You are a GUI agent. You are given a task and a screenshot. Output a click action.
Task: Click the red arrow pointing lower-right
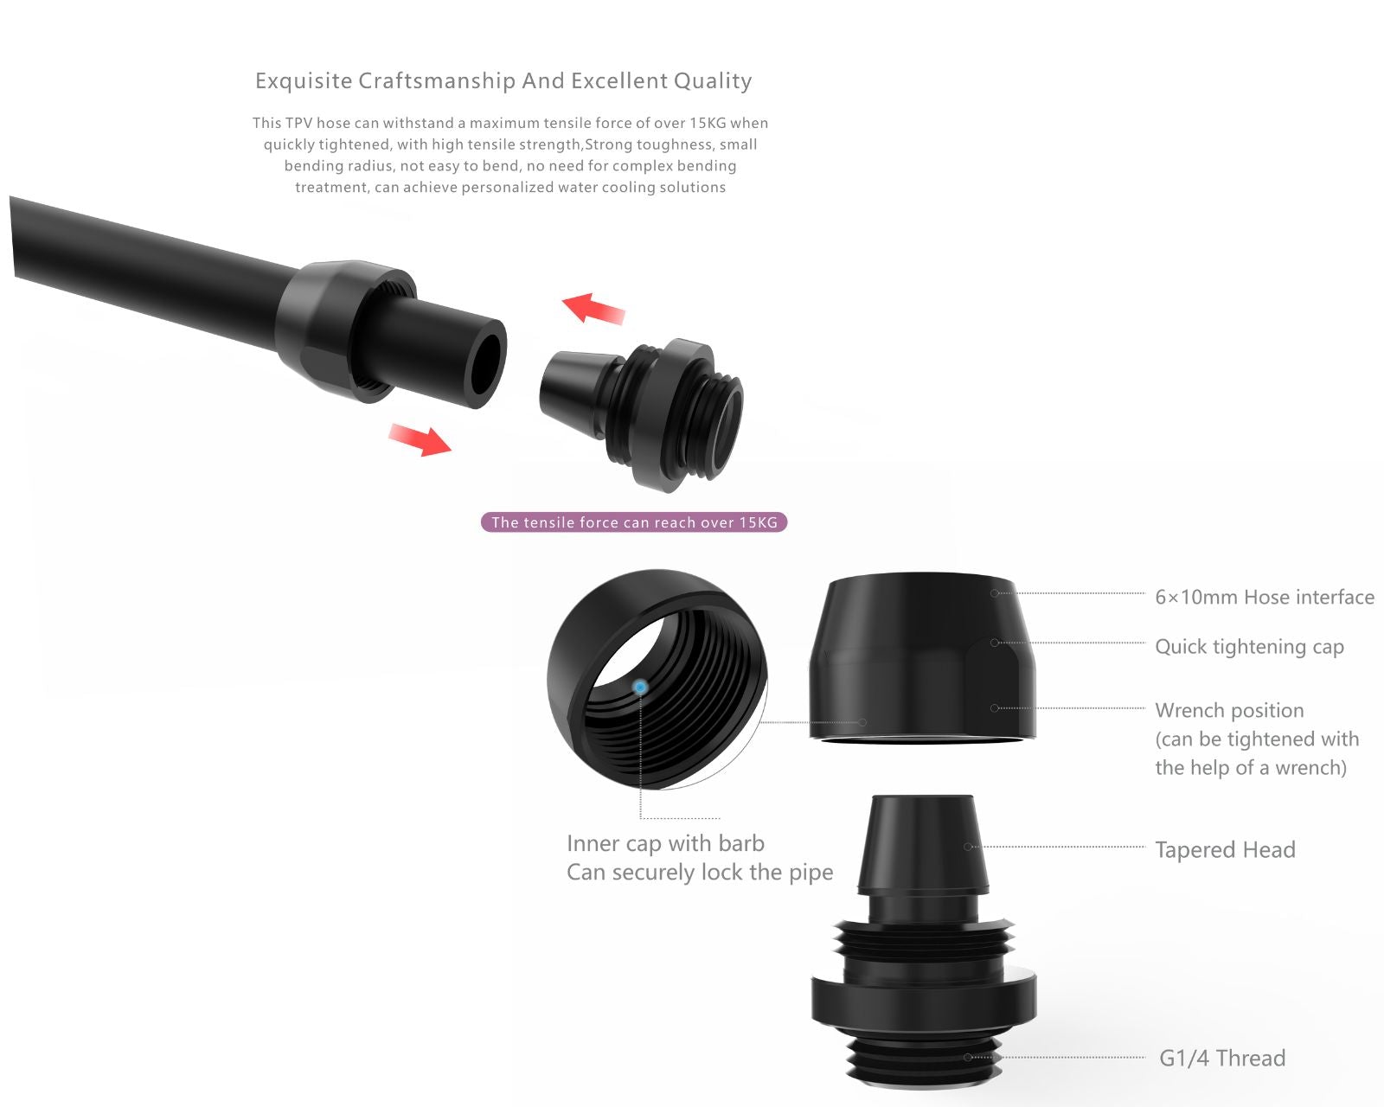[420, 440]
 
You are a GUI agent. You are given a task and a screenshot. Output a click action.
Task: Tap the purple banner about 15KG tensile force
[634, 522]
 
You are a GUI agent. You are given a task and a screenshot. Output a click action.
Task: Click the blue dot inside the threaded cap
[640, 687]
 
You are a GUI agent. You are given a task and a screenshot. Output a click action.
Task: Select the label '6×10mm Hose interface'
[1265, 597]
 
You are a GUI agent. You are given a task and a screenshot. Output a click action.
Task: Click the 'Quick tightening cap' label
[1250, 646]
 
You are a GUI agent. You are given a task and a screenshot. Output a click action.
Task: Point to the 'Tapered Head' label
[1225, 849]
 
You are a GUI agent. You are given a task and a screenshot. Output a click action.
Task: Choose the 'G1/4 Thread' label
[1222, 1058]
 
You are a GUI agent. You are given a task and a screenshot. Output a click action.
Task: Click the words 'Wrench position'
[1230, 710]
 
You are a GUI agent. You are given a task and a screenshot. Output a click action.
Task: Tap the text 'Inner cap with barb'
[666, 843]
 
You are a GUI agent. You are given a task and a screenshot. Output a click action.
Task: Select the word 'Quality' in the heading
[713, 81]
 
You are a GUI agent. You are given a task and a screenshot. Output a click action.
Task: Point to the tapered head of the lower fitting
[922, 845]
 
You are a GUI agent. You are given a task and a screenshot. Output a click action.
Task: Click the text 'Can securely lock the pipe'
[700, 873]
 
